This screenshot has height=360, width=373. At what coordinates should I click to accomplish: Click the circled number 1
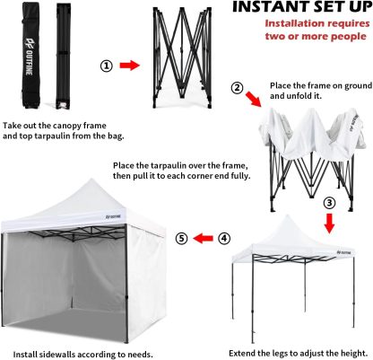107,66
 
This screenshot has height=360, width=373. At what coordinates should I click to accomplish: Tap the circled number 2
238,88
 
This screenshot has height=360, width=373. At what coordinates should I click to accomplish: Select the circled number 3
329,203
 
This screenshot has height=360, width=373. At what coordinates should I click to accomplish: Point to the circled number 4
224,239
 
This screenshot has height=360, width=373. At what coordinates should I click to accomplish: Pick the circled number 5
181,239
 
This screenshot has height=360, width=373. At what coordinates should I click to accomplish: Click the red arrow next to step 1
130,66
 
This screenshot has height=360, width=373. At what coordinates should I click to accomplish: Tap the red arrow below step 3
329,223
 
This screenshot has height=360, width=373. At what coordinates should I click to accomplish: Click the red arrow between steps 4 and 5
203,239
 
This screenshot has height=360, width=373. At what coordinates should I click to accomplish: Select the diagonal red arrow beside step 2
253,99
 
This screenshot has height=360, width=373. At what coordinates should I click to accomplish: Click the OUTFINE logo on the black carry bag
30,57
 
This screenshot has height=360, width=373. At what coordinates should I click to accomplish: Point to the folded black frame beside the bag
63,56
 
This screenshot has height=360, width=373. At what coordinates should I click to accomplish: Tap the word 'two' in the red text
275,37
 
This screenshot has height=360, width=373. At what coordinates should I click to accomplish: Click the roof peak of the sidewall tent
92,179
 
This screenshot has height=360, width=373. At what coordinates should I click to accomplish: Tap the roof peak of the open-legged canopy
287,215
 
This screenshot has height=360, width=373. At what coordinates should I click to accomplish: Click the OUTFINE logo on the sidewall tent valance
113,216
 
